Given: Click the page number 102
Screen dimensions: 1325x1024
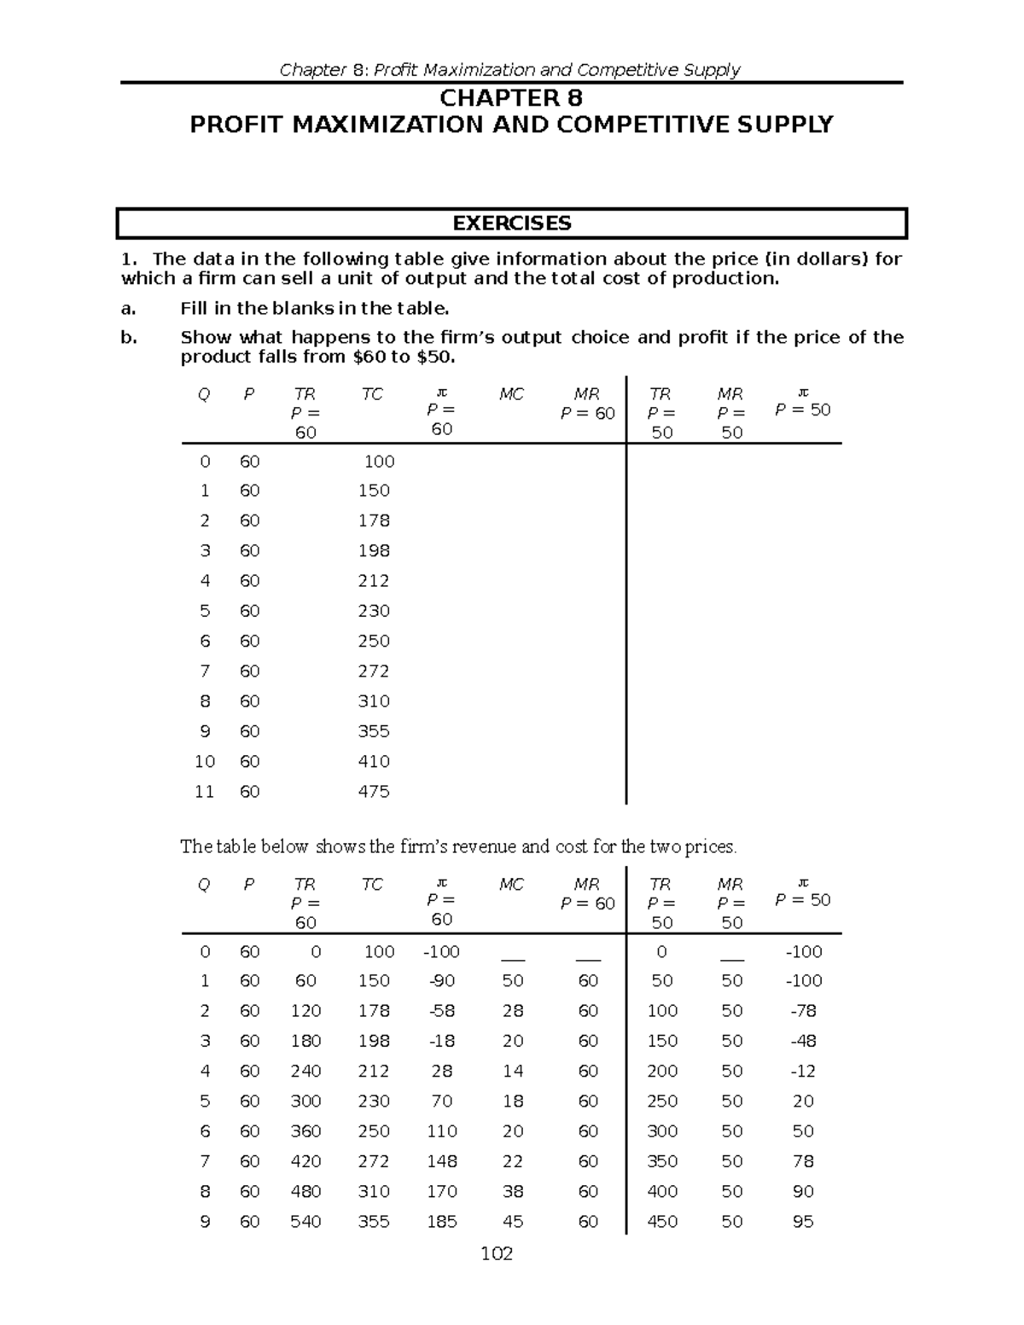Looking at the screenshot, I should [497, 1253].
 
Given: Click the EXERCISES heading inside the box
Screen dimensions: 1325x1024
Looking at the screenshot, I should [511, 224].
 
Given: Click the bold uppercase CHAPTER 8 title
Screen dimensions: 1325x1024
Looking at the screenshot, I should [510, 98].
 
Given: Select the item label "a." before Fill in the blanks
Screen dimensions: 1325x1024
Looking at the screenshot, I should [129, 308].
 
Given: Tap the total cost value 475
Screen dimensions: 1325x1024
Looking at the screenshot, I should [374, 792].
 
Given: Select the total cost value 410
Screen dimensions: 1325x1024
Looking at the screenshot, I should [374, 761].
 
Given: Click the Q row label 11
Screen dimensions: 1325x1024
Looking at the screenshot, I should [204, 792].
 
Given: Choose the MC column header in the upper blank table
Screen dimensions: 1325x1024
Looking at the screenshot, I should [511, 394].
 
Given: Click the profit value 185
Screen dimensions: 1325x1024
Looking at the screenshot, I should [442, 1222].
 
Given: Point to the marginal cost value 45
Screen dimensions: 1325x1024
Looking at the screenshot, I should [513, 1222].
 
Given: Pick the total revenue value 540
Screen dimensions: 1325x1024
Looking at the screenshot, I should [305, 1222].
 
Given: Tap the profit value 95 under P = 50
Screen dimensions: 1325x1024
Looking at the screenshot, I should [803, 1222].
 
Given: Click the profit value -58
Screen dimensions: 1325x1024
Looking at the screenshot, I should [442, 1011].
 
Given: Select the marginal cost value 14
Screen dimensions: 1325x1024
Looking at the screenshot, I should [513, 1071].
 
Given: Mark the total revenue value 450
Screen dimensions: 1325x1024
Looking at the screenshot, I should [662, 1222].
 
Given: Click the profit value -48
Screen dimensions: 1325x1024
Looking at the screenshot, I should [803, 1041].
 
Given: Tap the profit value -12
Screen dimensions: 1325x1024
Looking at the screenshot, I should [803, 1071].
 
